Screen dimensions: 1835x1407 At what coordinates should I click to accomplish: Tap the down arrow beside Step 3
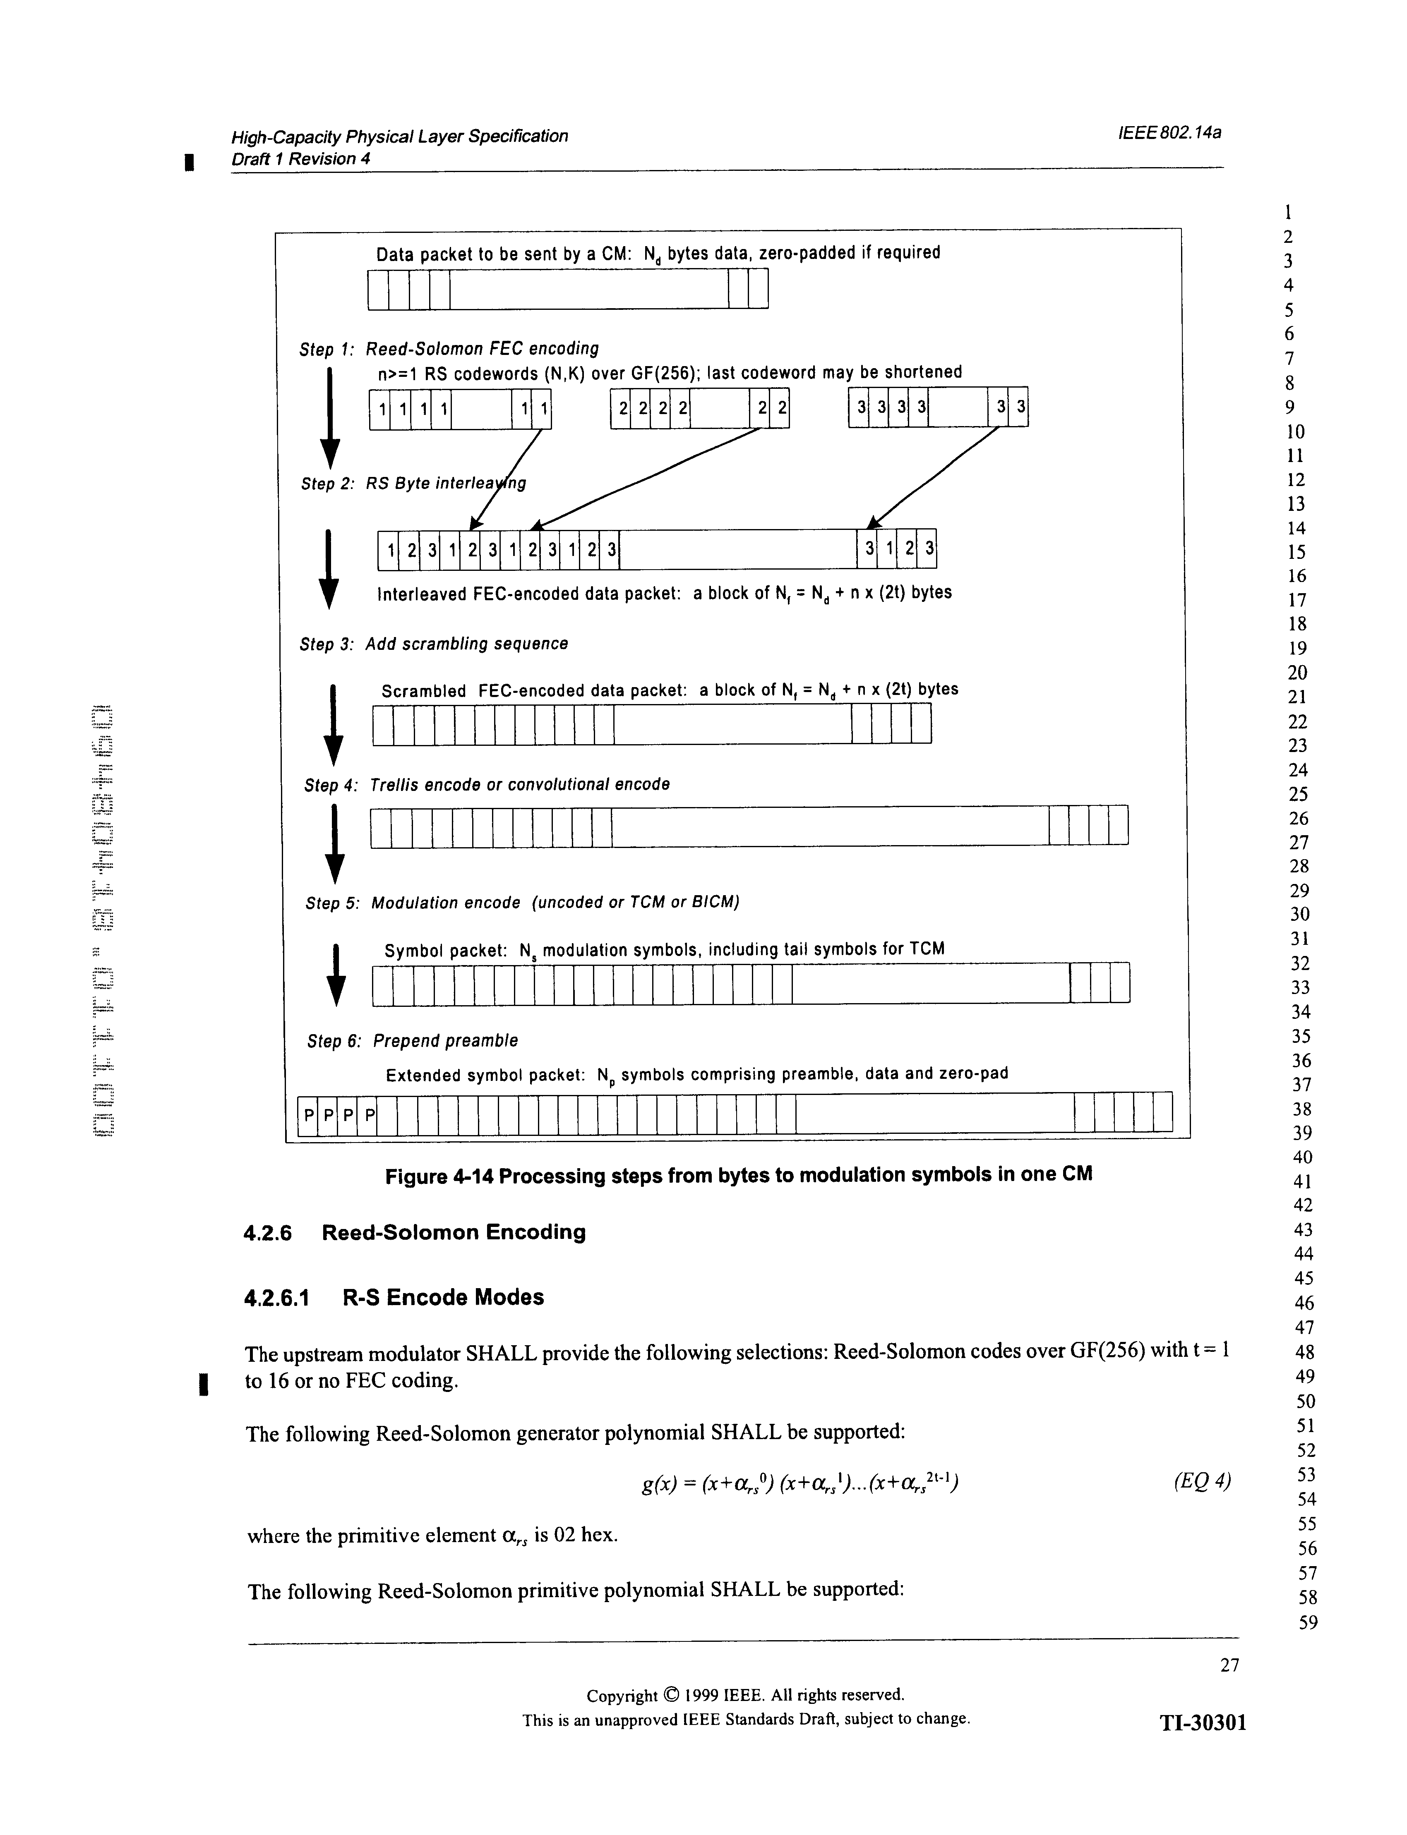[333, 725]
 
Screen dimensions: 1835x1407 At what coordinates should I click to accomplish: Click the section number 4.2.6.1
[277, 1298]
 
